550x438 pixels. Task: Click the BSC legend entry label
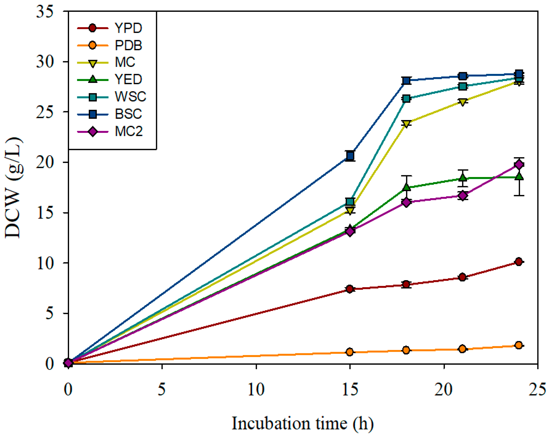click(x=128, y=114)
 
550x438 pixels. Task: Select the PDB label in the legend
click(x=128, y=45)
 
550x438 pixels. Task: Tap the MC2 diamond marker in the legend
click(x=93, y=132)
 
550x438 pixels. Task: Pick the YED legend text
click(x=128, y=79)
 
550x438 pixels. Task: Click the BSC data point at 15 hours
click(x=350, y=156)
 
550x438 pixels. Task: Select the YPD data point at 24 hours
click(x=519, y=262)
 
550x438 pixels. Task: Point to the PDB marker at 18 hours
click(x=406, y=350)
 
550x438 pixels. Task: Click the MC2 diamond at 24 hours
click(x=519, y=164)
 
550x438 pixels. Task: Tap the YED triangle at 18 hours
click(x=406, y=187)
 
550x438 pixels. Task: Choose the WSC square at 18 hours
click(x=406, y=99)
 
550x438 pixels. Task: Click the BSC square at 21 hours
click(x=463, y=76)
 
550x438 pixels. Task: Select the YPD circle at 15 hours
click(x=350, y=289)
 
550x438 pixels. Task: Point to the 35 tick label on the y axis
click(x=45, y=12)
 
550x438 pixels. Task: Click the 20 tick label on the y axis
click(x=45, y=162)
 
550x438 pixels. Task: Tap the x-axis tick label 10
click(x=256, y=390)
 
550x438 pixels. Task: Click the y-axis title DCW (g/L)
click(x=13, y=188)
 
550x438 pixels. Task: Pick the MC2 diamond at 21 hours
click(x=463, y=195)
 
